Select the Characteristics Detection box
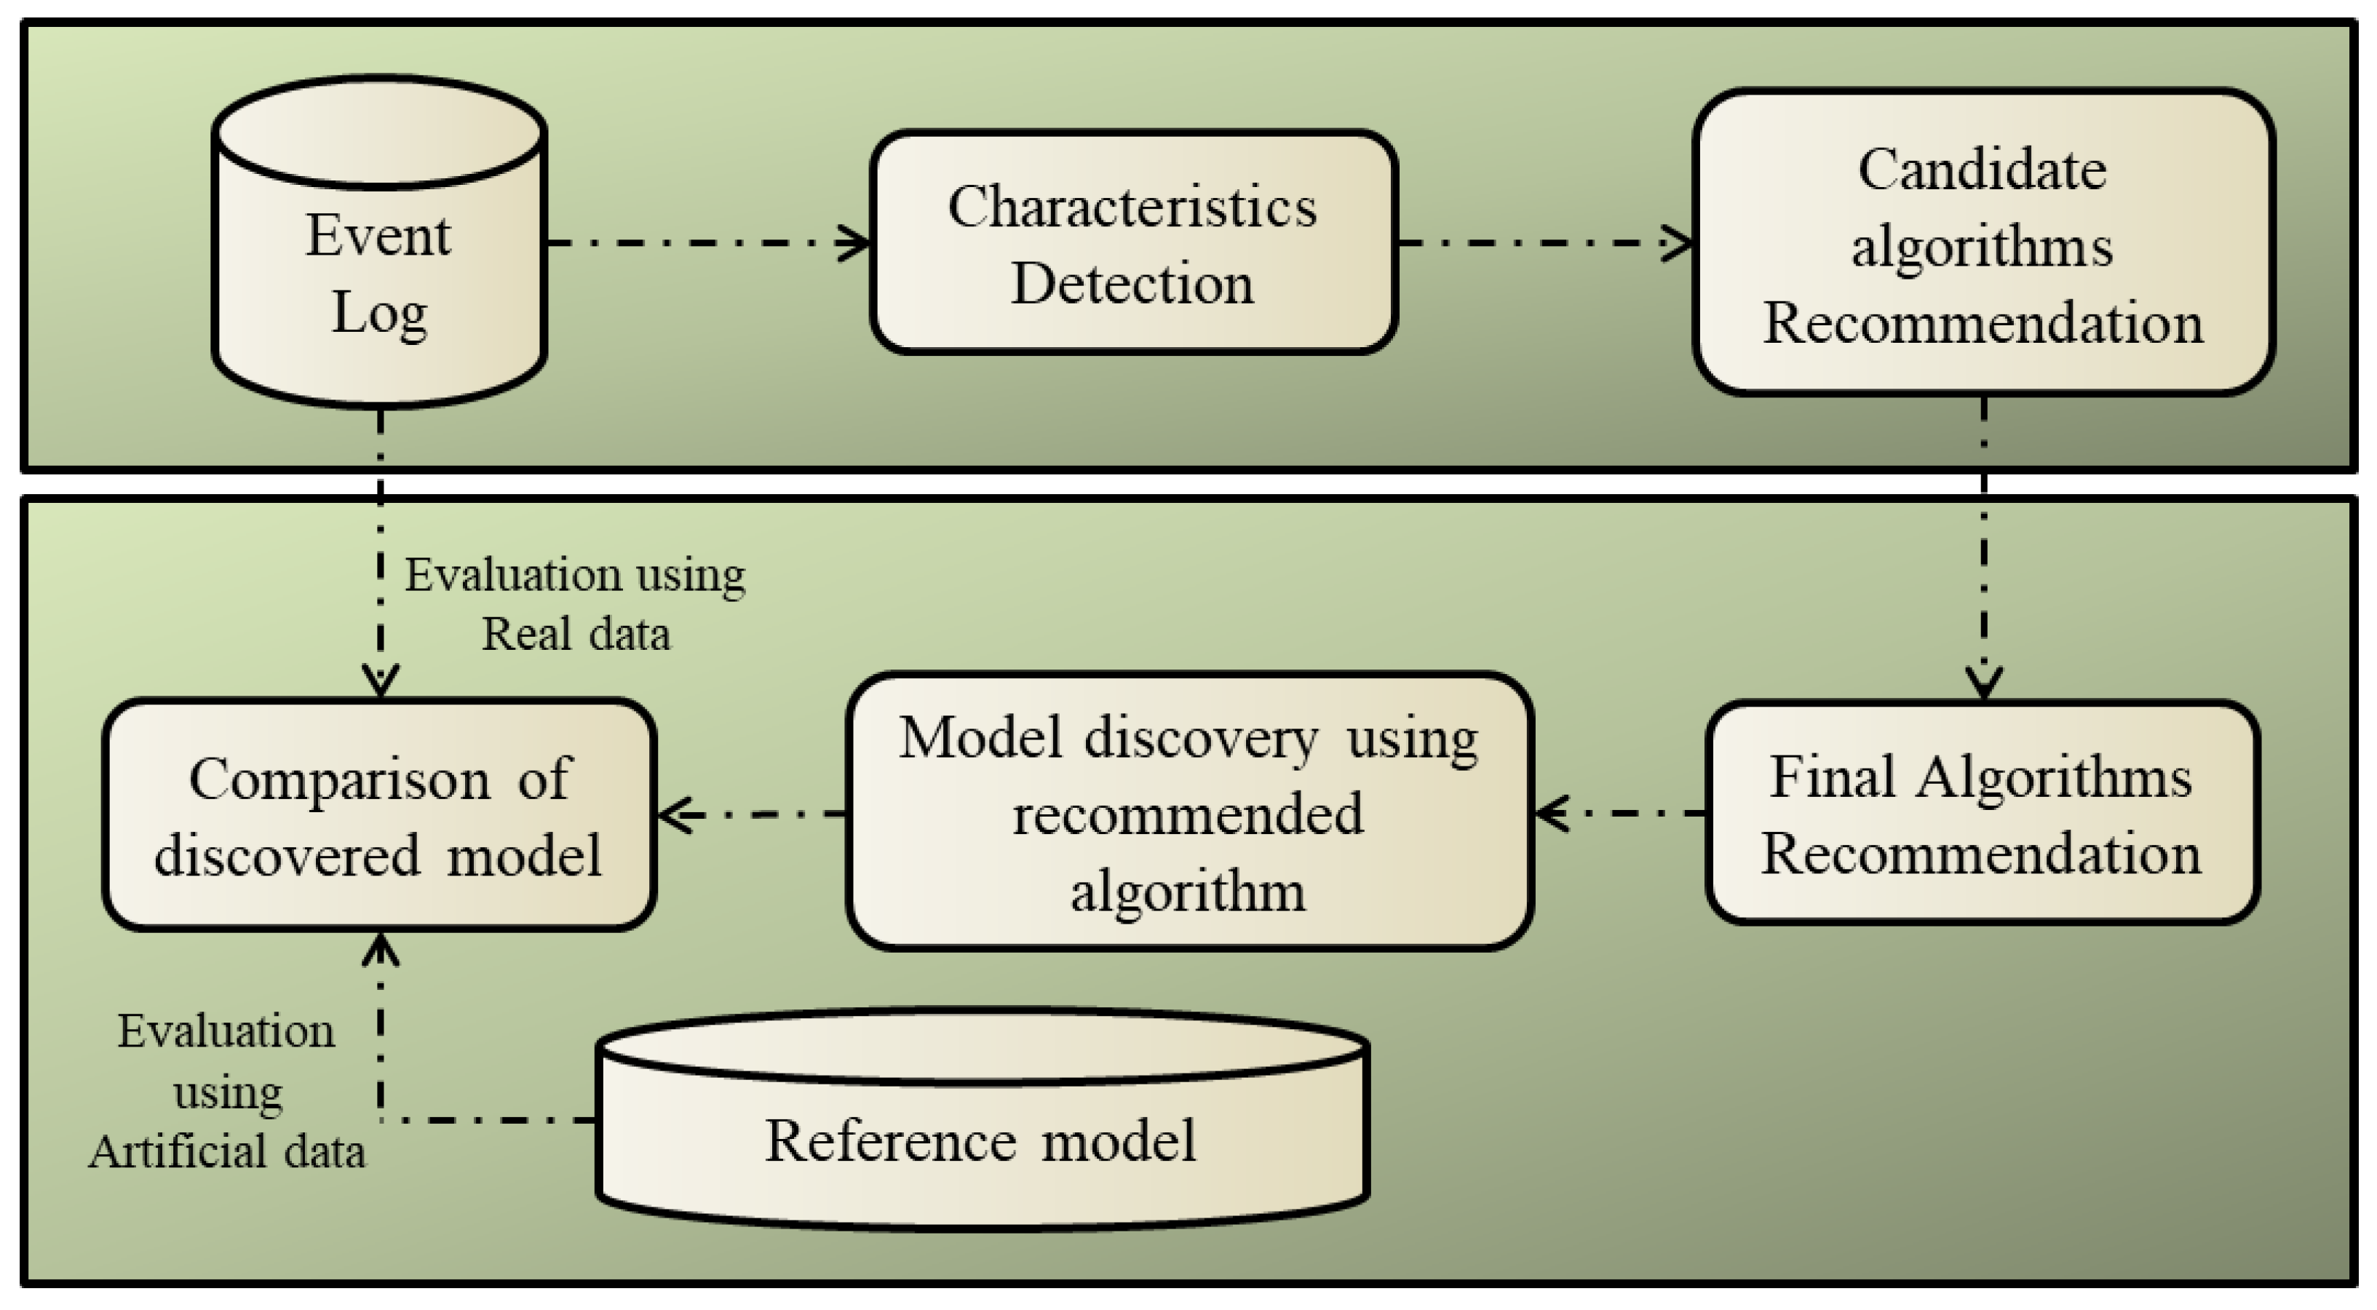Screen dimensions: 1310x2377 click(x=1133, y=242)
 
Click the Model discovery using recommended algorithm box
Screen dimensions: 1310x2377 click(x=1188, y=811)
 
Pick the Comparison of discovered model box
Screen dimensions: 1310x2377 click(x=379, y=814)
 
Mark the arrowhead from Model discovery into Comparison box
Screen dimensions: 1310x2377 click(x=676, y=814)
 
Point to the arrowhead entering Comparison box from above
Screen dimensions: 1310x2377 click(x=380, y=680)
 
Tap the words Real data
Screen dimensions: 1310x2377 click(x=576, y=634)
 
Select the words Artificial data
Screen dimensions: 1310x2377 click(x=227, y=1151)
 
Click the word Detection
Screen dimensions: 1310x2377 click(x=1132, y=283)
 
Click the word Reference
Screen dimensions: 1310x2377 click(x=890, y=1140)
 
